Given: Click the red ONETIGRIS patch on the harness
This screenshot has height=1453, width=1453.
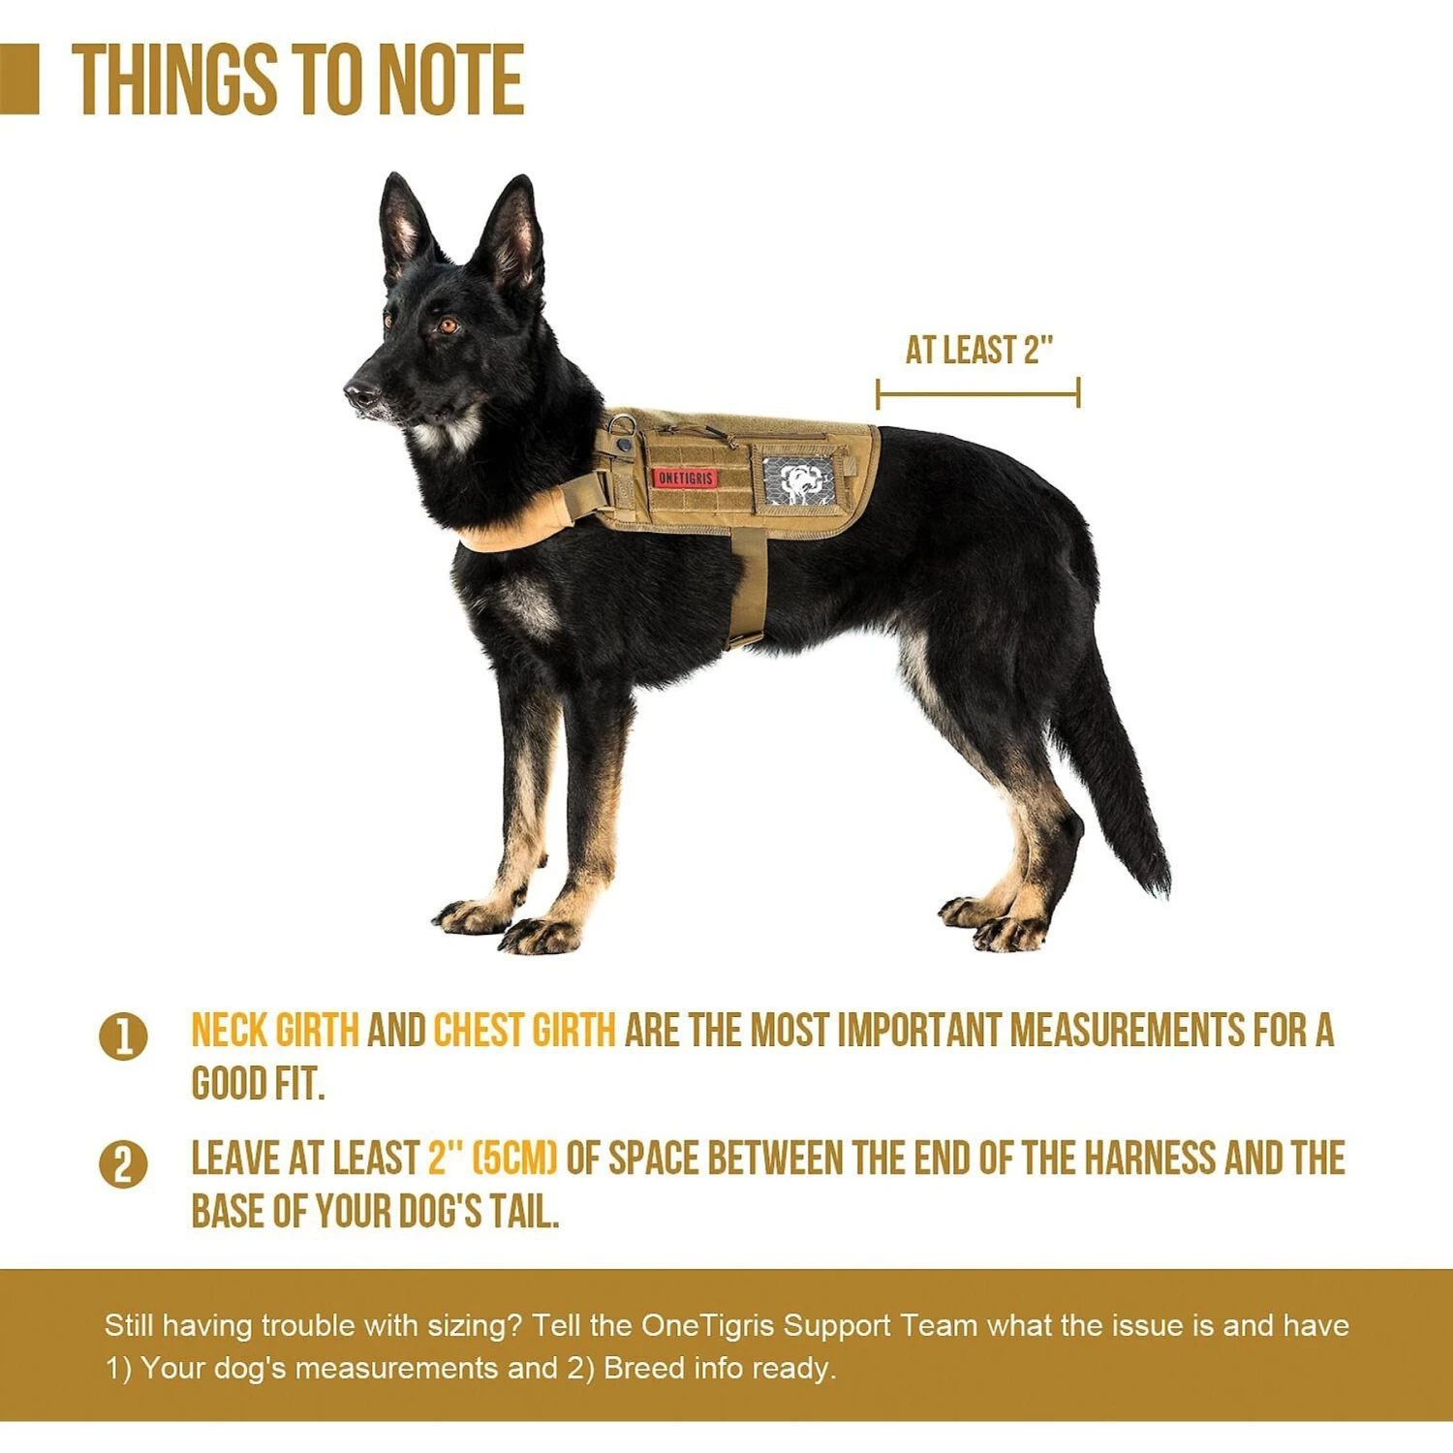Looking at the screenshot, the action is (x=685, y=478).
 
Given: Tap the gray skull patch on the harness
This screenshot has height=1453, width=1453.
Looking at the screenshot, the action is (x=798, y=481).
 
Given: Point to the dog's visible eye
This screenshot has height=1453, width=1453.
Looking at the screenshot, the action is (x=448, y=325).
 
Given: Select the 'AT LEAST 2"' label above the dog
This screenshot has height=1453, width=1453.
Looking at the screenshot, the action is (x=978, y=350).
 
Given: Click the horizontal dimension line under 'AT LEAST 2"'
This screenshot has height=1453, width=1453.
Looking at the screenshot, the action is (x=977, y=394).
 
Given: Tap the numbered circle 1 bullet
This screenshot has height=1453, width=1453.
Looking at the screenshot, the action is (x=123, y=1036).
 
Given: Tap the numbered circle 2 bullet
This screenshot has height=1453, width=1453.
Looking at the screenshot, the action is (x=123, y=1164).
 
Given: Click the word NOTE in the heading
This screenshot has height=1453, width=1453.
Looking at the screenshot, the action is (x=450, y=79).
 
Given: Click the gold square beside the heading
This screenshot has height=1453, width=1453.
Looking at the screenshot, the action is (x=18, y=79).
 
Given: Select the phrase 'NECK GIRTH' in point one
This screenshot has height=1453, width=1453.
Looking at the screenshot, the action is (x=275, y=1031).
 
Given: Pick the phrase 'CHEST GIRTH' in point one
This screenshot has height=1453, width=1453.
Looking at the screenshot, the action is (x=524, y=1031).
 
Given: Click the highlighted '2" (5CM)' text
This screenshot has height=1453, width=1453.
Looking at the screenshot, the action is (x=493, y=1158).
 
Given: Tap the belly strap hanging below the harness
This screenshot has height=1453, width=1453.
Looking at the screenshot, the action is (x=747, y=586).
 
